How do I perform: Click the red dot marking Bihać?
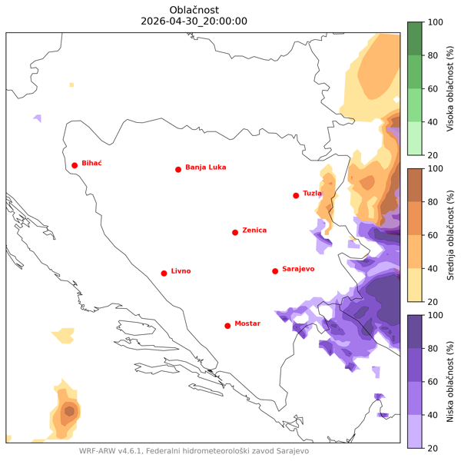(75, 165)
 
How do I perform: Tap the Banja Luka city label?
(206, 167)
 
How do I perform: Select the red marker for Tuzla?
(296, 195)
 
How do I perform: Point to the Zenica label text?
(254, 230)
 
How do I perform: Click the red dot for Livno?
(164, 273)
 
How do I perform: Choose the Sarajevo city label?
(299, 270)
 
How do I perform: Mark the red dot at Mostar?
(227, 326)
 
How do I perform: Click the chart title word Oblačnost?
(194, 9)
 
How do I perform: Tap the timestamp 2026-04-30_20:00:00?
(194, 21)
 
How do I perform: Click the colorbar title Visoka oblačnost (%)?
(450, 88)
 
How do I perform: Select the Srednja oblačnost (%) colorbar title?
(450, 235)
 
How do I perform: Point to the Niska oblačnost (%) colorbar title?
(450, 381)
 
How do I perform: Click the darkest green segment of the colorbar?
(414, 38)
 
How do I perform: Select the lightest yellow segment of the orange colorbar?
(414, 285)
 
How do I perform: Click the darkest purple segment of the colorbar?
(414, 331)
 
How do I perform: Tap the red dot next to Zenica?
(235, 232)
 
